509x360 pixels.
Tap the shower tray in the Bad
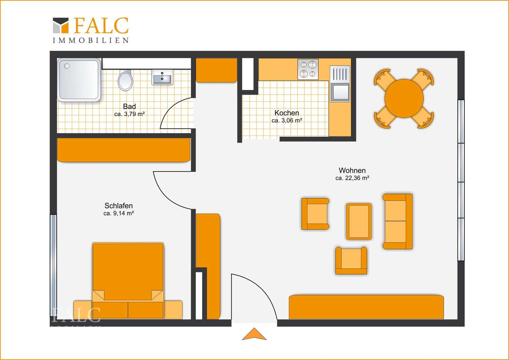tap(79, 80)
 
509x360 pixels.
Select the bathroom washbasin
tap(162, 77)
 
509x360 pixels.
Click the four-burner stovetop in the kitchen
tap(308, 69)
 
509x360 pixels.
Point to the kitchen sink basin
tap(340, 92)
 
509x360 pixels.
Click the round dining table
tap(404, 98)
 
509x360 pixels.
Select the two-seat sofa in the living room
tap(398, 222)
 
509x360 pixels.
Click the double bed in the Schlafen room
tap(128, 280)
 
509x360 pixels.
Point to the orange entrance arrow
tap(254, 334)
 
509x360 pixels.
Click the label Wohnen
tap(352, 170)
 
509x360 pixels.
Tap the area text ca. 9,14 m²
tap(118, 213)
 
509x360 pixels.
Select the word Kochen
tap(287, 113)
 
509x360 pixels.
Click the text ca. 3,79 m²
tap(130, 114)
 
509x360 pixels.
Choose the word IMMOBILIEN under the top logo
tap(91, 40)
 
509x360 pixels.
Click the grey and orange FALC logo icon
tap(61, 25)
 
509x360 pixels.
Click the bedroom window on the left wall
tap(53, 266)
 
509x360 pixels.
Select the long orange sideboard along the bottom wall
tap(366, 307)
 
